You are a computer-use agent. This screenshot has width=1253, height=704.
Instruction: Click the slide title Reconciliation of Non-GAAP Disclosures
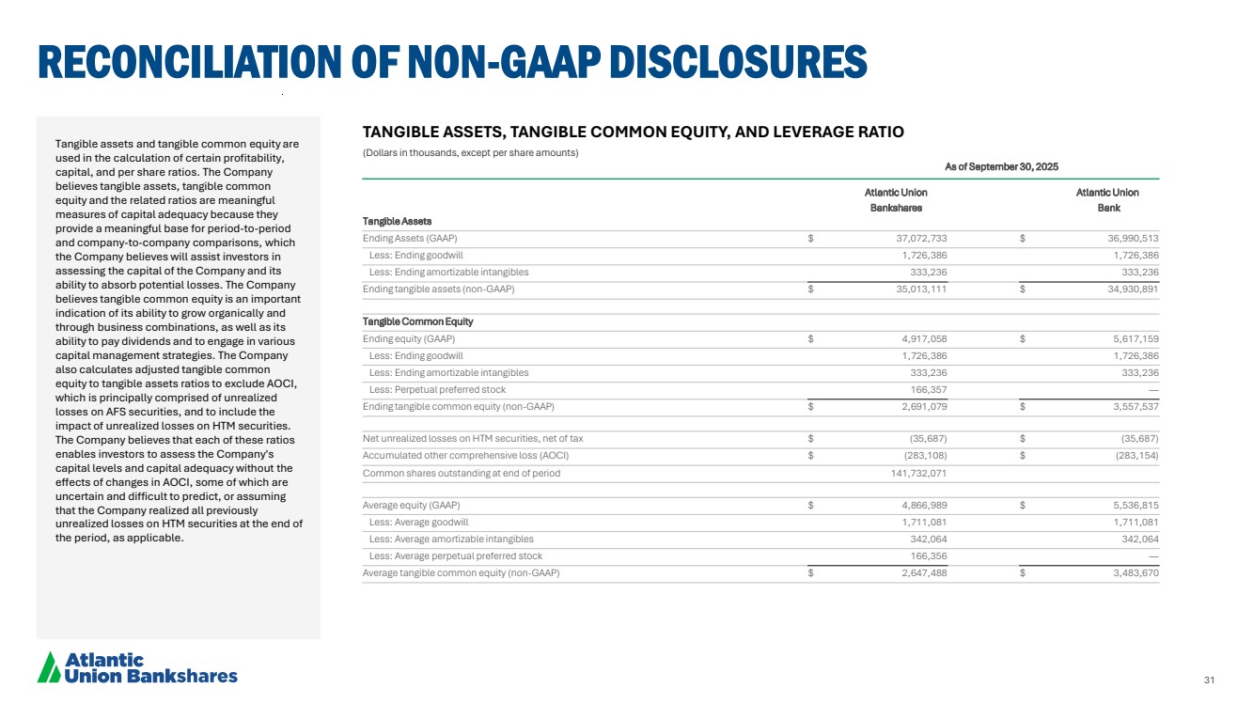[x=452, y=62]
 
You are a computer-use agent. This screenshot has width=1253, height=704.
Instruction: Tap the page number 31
[x=1210, y=681]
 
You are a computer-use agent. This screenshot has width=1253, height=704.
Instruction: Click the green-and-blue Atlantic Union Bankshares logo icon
[x=48, y=666]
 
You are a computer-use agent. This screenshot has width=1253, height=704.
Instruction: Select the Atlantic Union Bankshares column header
[x=895, y=200]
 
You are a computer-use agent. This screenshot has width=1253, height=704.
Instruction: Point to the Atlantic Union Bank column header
[x=1106, y=200]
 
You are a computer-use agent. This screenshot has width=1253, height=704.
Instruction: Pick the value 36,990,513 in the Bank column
[x=1128, y=238]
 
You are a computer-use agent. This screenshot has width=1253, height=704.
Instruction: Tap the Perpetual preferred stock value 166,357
[x=928, y=390]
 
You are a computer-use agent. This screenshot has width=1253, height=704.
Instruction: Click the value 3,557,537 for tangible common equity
[x=1131, y=407]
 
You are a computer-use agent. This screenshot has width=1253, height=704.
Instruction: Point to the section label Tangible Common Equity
[x=418, y=322]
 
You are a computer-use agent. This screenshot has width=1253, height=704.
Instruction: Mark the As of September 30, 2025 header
[x=1001, y=166]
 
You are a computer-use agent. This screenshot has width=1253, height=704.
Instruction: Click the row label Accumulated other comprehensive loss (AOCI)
[x=465, y=456]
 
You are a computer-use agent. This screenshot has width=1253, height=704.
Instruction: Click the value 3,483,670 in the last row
[x=1131, y=573]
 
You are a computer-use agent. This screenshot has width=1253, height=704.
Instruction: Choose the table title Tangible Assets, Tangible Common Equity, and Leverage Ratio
[x=633, y=133]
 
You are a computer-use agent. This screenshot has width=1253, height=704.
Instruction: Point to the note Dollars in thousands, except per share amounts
[x=470, y=152]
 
